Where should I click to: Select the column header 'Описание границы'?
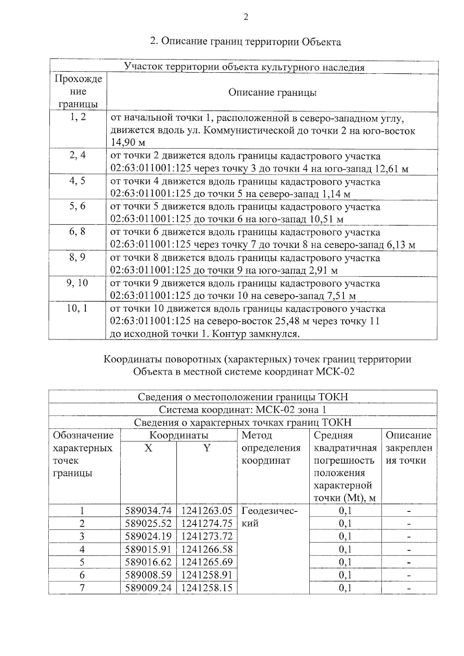(x=272, y=92)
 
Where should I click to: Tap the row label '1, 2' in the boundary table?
(x=78, y=117)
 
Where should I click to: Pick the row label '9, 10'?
(x=77, y=283)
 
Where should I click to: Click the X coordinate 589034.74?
(x=148, y=511)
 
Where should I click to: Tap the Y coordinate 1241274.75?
(x=206, y=523)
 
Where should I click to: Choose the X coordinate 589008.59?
(x=148, y=575)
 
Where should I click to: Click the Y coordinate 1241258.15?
(x=206, y=588)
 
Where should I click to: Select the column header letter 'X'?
(x=148, y=448)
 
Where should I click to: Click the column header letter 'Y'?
(x=207, y=448)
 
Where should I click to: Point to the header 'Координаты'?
(x=179, y=435)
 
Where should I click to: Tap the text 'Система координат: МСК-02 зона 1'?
(x=243, y=410)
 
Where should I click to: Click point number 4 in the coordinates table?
(x=82, y=549)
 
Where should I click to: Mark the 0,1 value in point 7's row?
(x=345, y=588)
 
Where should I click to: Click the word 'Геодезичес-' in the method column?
(x=270, y=511)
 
